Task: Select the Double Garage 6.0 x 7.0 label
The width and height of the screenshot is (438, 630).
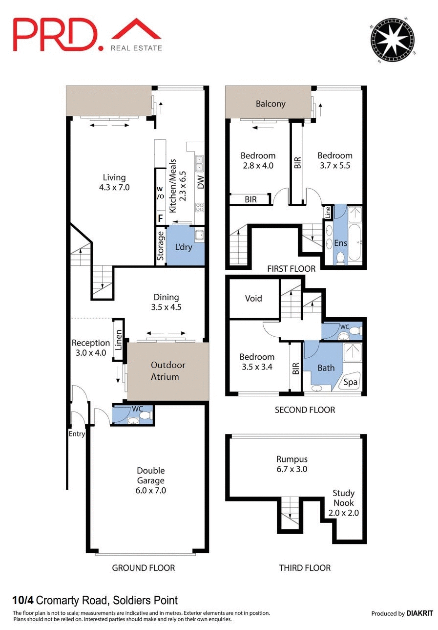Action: (150, 480)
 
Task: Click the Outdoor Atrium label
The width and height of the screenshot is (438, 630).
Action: (165, 371)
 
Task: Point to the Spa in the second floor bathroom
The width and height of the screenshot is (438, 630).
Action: (350, 382)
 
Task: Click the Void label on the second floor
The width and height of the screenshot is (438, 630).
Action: (253, 298)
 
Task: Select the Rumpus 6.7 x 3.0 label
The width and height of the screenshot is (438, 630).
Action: (292, 464)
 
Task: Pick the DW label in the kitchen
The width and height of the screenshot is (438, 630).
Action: (200, 182)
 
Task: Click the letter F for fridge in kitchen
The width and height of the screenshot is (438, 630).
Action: (160, 218)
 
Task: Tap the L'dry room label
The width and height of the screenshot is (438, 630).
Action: (183, 247)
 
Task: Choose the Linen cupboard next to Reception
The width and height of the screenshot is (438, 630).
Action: (119, 340)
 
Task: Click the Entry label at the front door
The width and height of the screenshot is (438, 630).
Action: (77, 434)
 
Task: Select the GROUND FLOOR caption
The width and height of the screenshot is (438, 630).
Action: (143, 567)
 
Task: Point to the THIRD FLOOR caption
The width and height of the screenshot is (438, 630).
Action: (305, 567)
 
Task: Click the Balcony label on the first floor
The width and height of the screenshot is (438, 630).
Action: (271, 104)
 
